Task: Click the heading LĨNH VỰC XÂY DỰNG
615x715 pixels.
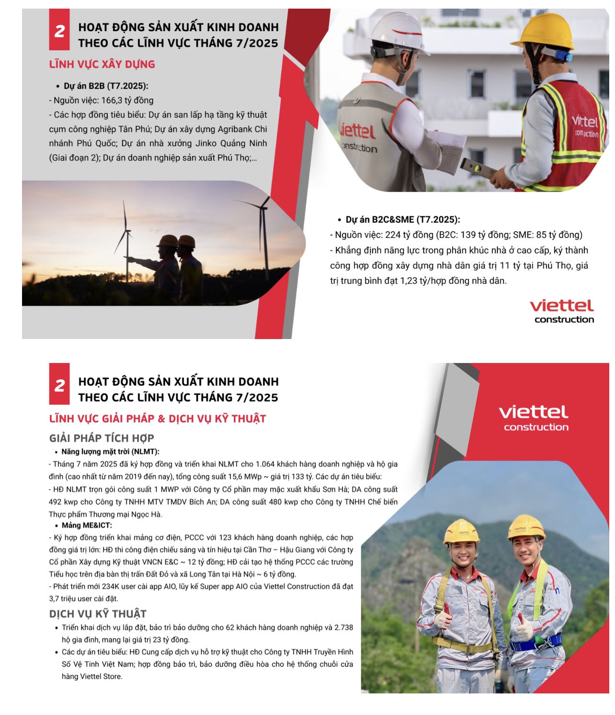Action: tap(102, 64)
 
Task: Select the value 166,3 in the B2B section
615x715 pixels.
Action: tap(112, 100)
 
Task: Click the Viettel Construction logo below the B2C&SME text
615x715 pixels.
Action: tap(562, 311)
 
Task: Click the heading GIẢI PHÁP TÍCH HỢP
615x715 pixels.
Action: tap(102, 438)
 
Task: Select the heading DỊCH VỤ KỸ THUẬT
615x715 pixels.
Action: tap(98, 614)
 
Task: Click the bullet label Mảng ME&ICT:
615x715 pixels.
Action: tap(87, 525)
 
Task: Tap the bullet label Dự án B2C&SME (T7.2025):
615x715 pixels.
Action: tap(402, 220)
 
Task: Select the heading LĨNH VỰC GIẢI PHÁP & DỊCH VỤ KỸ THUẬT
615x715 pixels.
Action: tap(157, 419)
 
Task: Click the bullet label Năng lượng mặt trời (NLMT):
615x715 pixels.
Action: tap(110, 452)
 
